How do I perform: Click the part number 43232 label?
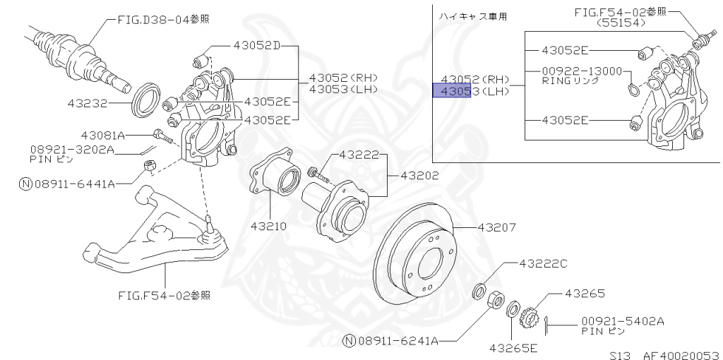click(x=87, y=103)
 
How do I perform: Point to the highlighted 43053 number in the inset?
click(x=452, y=92)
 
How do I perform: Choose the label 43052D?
click(x=256, y=47)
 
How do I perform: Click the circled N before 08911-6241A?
click(x=349, y=341)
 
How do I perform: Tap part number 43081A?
click(x=102, y=135)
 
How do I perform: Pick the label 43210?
click(x=268, y=227)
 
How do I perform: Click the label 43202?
click(x=419, y=175)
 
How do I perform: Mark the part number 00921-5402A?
click(x=623, y=320)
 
